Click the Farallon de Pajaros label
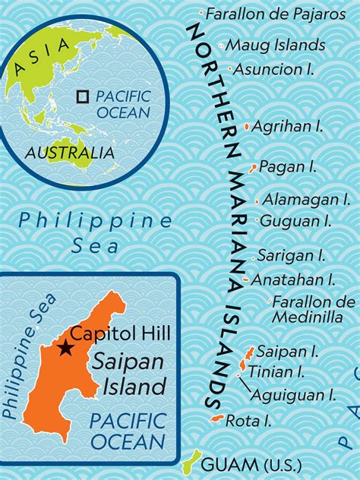coord(276,14)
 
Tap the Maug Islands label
coord(276,46)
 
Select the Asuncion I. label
coord(274,69)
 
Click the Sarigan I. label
coord(292,256)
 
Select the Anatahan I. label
coord(292,279)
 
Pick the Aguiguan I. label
coord(293,394)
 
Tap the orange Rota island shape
coord(216,419)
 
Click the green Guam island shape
coord(194,460)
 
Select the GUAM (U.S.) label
coord(251,465)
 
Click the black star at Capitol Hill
coord(66,348)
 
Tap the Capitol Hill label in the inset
coord(121,333)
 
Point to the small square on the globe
coord(84,96)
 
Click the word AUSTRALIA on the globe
coord(70,153)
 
